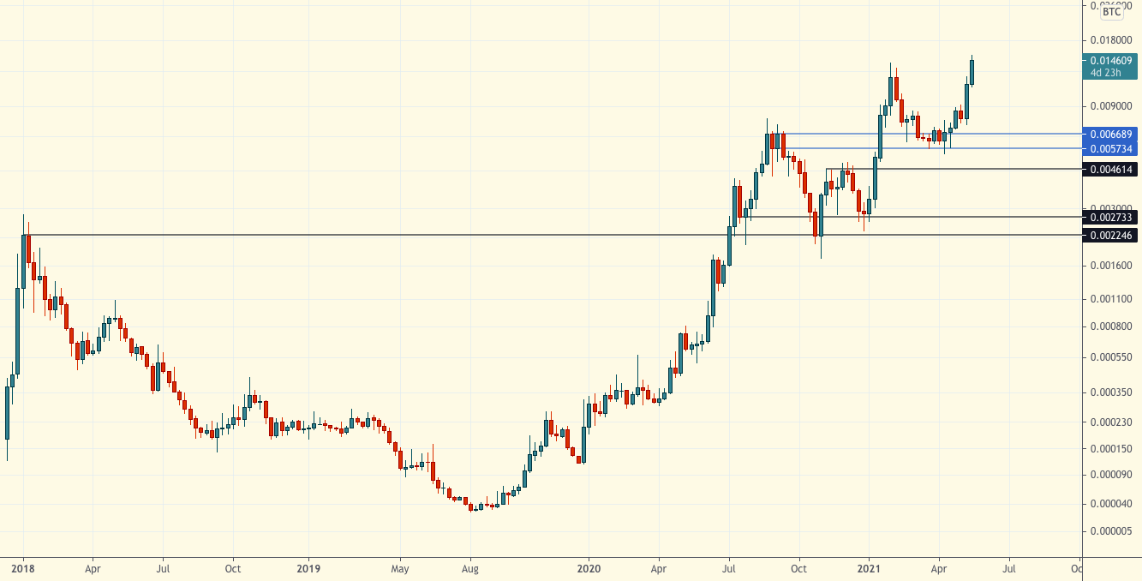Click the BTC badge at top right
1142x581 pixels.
click(x=1111, y=12)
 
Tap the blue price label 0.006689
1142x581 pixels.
click(x=1111, y=134)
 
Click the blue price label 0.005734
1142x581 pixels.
click(x=1111, y=148)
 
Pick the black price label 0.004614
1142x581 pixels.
click(x=1111, y=169)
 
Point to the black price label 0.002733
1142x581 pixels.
click(x=1111, y=218)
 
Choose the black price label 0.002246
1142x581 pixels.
click(x=1111, y=236)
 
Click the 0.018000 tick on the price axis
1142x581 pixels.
click(x=1109, y=40)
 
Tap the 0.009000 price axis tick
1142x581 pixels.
click(x=1109, y=106)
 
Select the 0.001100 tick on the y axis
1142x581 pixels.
click(x=1109, y=299)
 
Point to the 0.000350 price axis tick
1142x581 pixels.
click(x=1109, y=392)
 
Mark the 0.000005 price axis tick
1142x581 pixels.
click(x=1109, y=531)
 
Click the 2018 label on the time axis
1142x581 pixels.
click(x=23, y=567)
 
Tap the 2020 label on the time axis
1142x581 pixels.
click(x=589, y=567)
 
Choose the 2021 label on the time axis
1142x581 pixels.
click(x=870, y=567)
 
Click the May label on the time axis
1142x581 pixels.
click(x=398, y=567)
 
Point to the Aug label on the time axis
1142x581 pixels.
click(x=469, y=567)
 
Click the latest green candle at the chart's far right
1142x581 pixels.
click(x=972, y=71)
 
